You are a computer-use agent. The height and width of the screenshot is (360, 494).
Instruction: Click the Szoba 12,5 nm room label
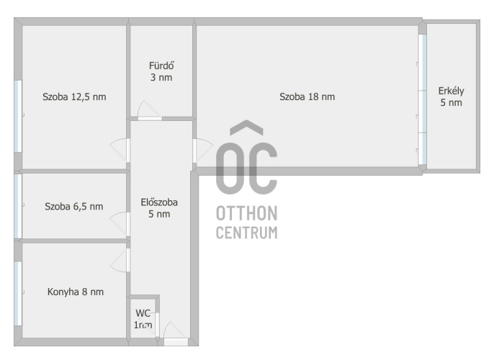tap(74, 96)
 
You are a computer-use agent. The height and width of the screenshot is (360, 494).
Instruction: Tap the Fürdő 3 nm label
tap(161, 71)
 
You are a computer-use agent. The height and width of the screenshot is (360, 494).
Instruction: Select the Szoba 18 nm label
tap(307, 96)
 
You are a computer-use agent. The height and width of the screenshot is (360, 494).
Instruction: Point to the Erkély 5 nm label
tap(451, 96)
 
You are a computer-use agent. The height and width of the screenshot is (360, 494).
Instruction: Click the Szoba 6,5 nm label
tap(74, 207)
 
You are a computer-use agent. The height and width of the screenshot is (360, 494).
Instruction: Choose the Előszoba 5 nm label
tap(159, 208)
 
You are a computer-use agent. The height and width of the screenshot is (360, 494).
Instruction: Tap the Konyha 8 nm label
tap(76, 292)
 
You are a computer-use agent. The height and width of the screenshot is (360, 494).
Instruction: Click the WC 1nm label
tap(143, 319)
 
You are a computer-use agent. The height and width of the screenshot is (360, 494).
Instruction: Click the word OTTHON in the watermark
tap(247, 213)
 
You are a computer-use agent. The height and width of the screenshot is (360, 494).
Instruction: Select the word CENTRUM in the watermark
tap(247, 233)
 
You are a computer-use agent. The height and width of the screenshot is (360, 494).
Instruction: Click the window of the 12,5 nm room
tap(18, 116)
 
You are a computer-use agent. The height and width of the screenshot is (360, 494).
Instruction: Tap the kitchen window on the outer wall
tap(18, 294)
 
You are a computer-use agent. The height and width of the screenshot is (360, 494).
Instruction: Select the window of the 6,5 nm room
tap(18, 207)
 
